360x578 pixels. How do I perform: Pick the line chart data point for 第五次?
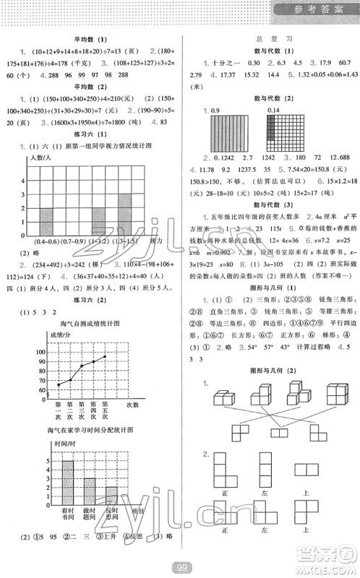click(106, 356)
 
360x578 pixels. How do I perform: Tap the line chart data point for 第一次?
click(59, 385)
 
